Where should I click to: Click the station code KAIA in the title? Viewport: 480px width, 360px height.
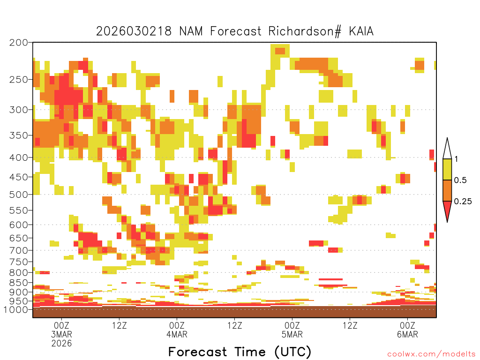pyautogui.click(x=361, y=31)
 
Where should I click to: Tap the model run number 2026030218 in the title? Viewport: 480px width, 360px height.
pyautogui.click(x=134, y=31)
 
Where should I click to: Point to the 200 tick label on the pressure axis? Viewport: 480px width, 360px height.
pyautogui.click(x=19, y=43)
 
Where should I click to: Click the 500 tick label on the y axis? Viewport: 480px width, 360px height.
pyautogui.click(x=19, y=195)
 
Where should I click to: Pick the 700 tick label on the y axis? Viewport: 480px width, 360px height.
pyautogui.click(x=19, y=250)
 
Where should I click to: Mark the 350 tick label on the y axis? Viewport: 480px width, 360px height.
pyautogui.click(x=19, y=135)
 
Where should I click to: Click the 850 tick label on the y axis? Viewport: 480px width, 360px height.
pyautogui.click(x=19, y=283)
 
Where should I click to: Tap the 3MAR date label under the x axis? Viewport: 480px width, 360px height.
pyautogui.click(x=61, y=334)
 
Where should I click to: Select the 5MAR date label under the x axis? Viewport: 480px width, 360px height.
pyautogui.click(x=292, y=334)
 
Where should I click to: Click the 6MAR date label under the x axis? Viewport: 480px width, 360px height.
pyautogui.click(x=407, y=334)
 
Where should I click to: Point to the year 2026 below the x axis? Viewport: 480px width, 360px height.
pyautogui.click(x=61, y=344)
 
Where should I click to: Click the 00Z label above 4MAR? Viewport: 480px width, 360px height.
pyautogui.click(x=177, y=325)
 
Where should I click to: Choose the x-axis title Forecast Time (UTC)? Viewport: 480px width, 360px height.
pyautogui.click(x=240, y=352)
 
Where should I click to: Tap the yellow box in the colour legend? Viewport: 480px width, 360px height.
pyautogui.click(x=447, y=169)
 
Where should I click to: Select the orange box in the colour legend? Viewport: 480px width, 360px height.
pyautogui.click(x=447, y=190)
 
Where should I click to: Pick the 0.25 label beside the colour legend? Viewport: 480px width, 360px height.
pyautogui.click(x=463, y=202)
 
